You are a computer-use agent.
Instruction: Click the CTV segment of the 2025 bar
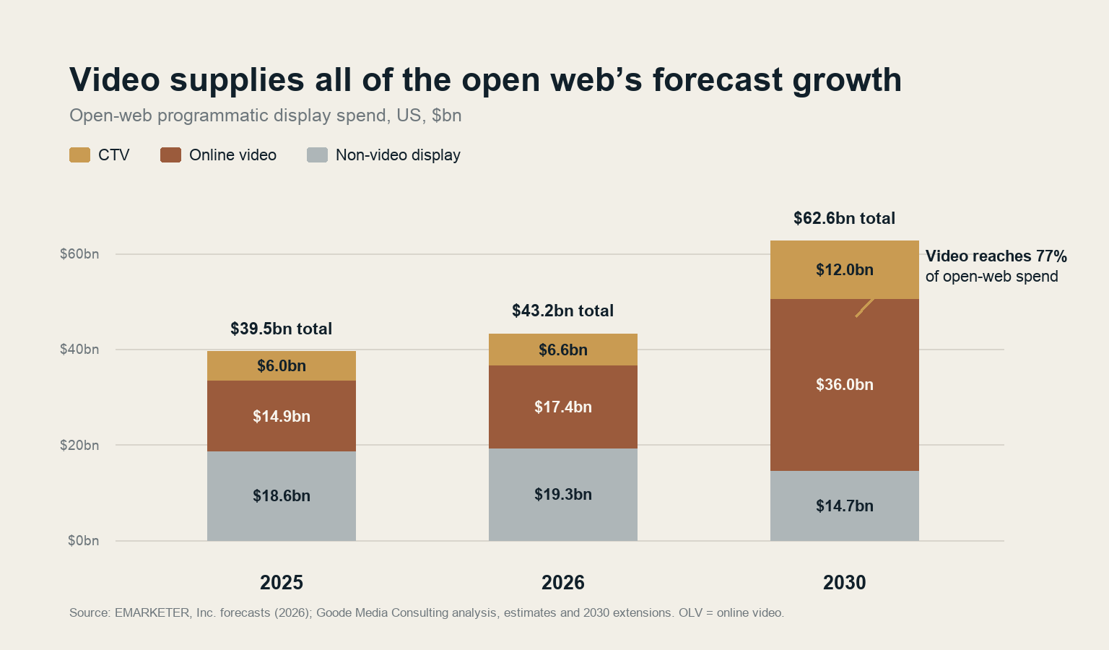(281, 365)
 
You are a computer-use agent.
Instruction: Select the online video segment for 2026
(563, 407)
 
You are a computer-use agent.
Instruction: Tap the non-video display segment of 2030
(845, 506)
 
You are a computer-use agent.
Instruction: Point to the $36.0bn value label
(845, 384)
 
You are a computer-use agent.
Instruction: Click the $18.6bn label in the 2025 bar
(281, 495)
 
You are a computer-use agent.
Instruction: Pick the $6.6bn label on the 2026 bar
(563, 350)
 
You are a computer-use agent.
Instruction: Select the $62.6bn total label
(844, 218)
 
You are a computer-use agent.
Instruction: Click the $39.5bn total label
(281, 329)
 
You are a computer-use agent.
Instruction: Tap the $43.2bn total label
(563, 311)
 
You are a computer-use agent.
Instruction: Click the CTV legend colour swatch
(79, 155)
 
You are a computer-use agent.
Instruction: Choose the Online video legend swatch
(171, 155)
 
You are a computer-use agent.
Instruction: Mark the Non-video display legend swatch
(318, 155)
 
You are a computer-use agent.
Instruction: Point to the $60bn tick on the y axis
(79, 254)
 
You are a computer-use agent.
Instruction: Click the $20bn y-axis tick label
(79, 445)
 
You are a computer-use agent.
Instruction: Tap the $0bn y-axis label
(83, 540)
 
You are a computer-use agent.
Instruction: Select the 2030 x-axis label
(845, 583)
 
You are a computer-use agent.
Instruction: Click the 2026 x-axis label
(563, 583)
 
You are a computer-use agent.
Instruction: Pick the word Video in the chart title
(115, 79)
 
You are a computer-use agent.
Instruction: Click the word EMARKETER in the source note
(152, 613)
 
